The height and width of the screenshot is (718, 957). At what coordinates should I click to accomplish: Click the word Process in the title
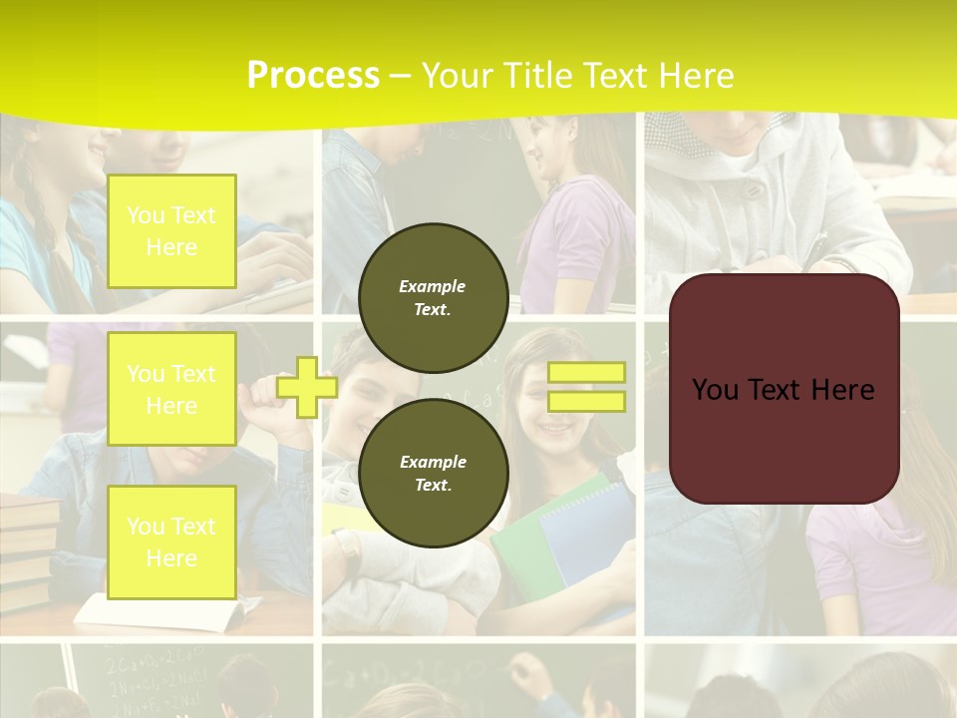tap(313, 76)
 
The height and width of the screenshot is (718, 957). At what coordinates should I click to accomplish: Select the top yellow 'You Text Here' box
tap(171, 231)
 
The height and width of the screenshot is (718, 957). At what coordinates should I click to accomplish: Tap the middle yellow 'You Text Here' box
tap(171, 389)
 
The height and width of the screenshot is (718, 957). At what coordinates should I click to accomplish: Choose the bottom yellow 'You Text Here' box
tap(171, 541)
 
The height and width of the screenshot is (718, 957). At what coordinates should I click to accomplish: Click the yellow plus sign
tap(306, 387)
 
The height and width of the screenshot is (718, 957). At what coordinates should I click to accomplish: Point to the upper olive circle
tap(434, 297)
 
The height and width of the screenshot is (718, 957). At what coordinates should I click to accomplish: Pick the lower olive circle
tap(434, 473)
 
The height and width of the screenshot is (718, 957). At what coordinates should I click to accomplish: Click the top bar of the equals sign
tap(586, 372)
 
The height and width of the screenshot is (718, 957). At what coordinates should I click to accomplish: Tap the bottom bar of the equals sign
tap(586, 401)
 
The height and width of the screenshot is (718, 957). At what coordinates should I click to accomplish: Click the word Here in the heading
tap(695, 76)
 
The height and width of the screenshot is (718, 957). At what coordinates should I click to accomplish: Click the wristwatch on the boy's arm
tap(348, 548)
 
